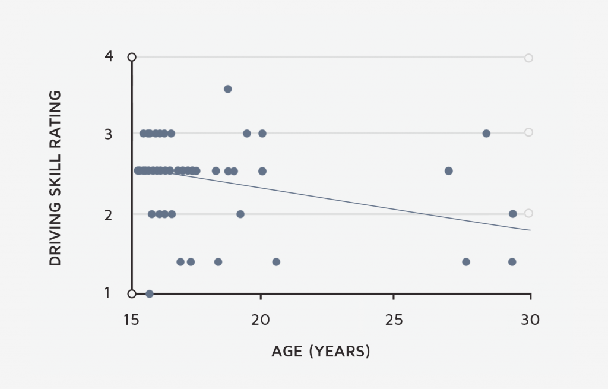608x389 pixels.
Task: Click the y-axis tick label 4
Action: pyautogui.click(x=109, y=57)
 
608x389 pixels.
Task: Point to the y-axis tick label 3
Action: pyautogui.click(x=109, y=134)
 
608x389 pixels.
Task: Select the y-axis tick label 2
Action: pyautogui.click(x=109, y=214)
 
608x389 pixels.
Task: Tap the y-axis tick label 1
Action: pyautogui.click(x=108, y=293)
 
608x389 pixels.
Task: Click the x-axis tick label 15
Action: pyautogui.click(x=131, y=320)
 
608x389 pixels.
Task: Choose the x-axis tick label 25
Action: pyautogui.click(x=394, y=320)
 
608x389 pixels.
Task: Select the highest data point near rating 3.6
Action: pyautogui.click(x=227, y=89)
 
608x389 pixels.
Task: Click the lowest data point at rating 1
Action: pyautogui.click(x=150, y=294)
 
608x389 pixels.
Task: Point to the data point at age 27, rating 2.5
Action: pyautogui.click(x=449, y=171)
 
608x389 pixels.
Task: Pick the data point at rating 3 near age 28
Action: pyautogui.click(x=486, y=134)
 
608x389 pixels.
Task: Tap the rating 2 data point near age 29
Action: pyautogui.click(x=513, y=214)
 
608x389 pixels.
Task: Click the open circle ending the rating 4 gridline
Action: pyautogui.click(x=528, y=58)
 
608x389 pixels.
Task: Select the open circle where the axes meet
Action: pyautogui.click(x=132, y=293)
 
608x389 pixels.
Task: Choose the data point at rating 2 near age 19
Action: pyautogui.click(x=240, y=214)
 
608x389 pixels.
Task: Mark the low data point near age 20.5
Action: pyautogui.click(x=276, y=262)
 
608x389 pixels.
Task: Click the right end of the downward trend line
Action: pyautogui.click(x=530, y=230)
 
